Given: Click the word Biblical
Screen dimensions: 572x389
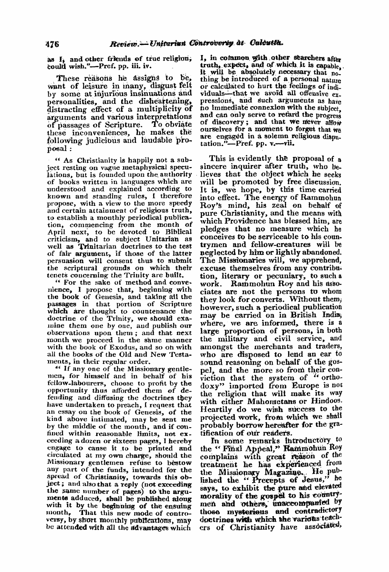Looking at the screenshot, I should pos(177,231).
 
